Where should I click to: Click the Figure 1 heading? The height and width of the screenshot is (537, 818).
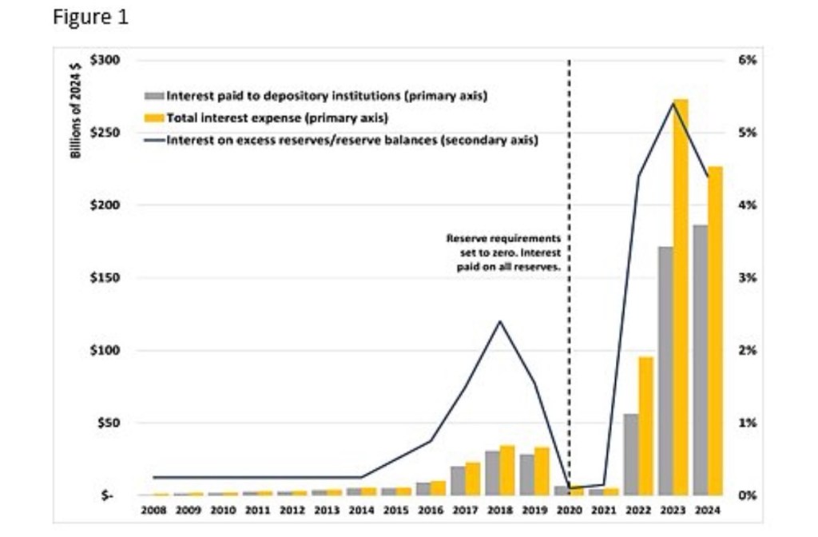[x=90, y=18]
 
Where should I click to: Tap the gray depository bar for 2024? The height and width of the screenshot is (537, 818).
[x=700, y=360]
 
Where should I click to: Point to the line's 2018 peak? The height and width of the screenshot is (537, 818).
[x=500, y=321]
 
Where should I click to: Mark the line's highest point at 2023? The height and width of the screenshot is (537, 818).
[x=673, y=104]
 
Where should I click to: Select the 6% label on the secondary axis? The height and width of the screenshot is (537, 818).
[x=747, y=61]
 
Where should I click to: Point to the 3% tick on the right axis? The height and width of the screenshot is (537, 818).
[x=747, y=278]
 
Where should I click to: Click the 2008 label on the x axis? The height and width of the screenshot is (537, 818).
[x=154, y=510]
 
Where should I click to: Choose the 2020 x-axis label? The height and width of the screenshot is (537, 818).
[x=569, y=510]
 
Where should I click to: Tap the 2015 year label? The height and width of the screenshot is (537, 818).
[x=396, y=510]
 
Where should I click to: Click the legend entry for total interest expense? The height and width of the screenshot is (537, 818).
[x=276, y=118]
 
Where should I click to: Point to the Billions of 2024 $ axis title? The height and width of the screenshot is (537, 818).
[x=77, y=108]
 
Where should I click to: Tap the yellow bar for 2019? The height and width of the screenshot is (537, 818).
[x=542, y=471]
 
